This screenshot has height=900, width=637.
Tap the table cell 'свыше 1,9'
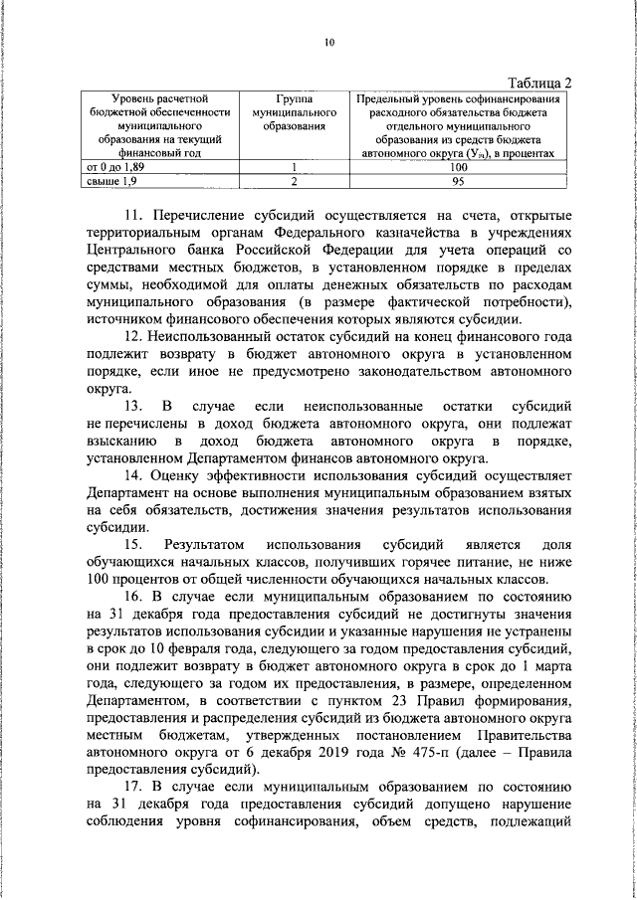point(106,182)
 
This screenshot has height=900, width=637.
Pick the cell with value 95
point(459,182)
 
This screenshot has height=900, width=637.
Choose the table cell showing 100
point(459,168)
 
